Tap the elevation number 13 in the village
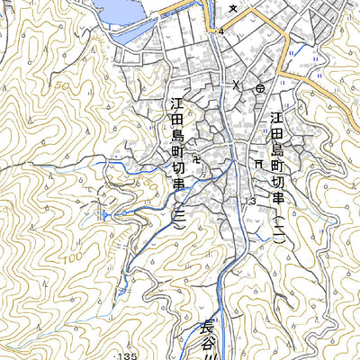coord(248,201)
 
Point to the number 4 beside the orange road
coord(220,31)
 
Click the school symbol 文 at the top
coord(233,8)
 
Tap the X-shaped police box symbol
coord(237,85)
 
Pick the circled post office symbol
coord(260,88)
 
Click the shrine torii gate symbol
coord(258,164)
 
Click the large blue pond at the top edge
coord(117,11)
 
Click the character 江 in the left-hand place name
coord(177,105)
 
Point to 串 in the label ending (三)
coord(178,185)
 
